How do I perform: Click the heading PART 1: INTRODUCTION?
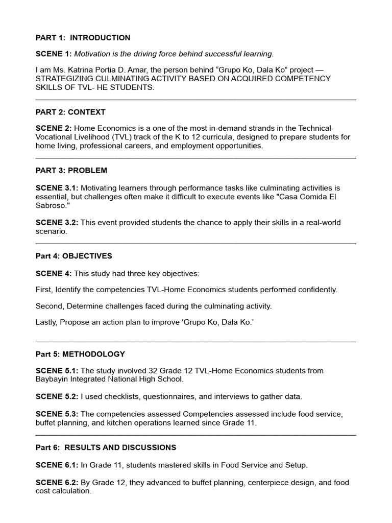click(83, 38)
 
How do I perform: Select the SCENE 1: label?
click(54, 54)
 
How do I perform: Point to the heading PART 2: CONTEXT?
click(70, 112)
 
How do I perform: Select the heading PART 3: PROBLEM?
click(71, 170)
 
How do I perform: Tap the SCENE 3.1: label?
click(57, 188)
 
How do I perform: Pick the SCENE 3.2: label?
click(57, 223)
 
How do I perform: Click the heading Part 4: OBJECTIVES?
click(73, 256)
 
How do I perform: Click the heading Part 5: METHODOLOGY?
click(80, 354)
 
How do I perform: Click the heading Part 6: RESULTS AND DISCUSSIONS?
click(106, 447)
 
